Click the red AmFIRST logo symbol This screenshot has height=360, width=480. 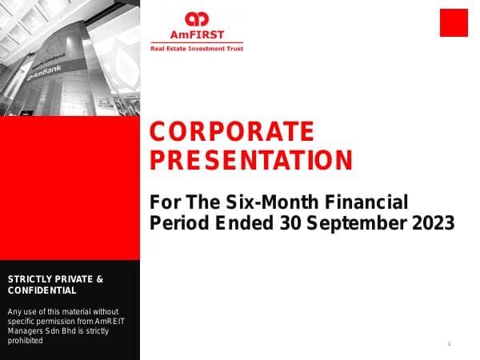(196, 19)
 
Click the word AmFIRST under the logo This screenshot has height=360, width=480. (196, 34)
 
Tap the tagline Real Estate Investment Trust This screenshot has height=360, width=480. (197, 49)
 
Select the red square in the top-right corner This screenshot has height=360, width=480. (454, 22)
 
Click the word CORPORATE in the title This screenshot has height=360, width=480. (232, 131)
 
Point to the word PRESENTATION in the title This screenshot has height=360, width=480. (251, 161)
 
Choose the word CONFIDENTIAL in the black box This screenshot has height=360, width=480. (42, 290)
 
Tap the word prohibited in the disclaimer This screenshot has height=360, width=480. (25, 340)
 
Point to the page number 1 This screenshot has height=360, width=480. (450, 344)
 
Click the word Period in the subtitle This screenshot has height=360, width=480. (175, 223)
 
